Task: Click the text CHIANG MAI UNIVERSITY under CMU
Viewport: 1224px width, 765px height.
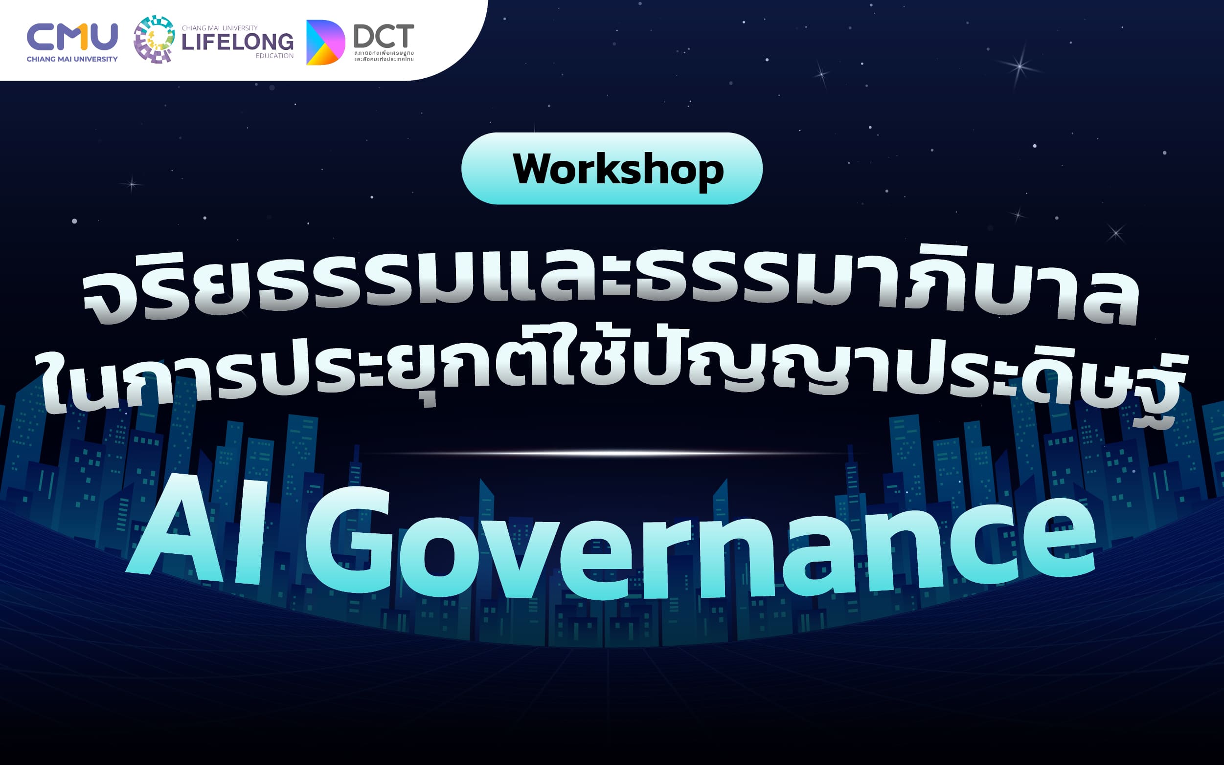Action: [72, 59]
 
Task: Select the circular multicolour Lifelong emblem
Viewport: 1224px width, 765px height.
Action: [154, 40]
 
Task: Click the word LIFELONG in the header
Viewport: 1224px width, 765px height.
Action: [237, 42]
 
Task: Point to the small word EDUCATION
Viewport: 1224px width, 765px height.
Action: [274, 56]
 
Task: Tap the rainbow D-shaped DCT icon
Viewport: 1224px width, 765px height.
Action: [324, 43]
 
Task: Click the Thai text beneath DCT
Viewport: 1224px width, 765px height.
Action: [384, 56]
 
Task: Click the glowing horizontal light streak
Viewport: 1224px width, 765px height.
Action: [608, 453]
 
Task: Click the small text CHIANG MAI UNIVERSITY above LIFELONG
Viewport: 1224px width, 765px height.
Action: [220, 28]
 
